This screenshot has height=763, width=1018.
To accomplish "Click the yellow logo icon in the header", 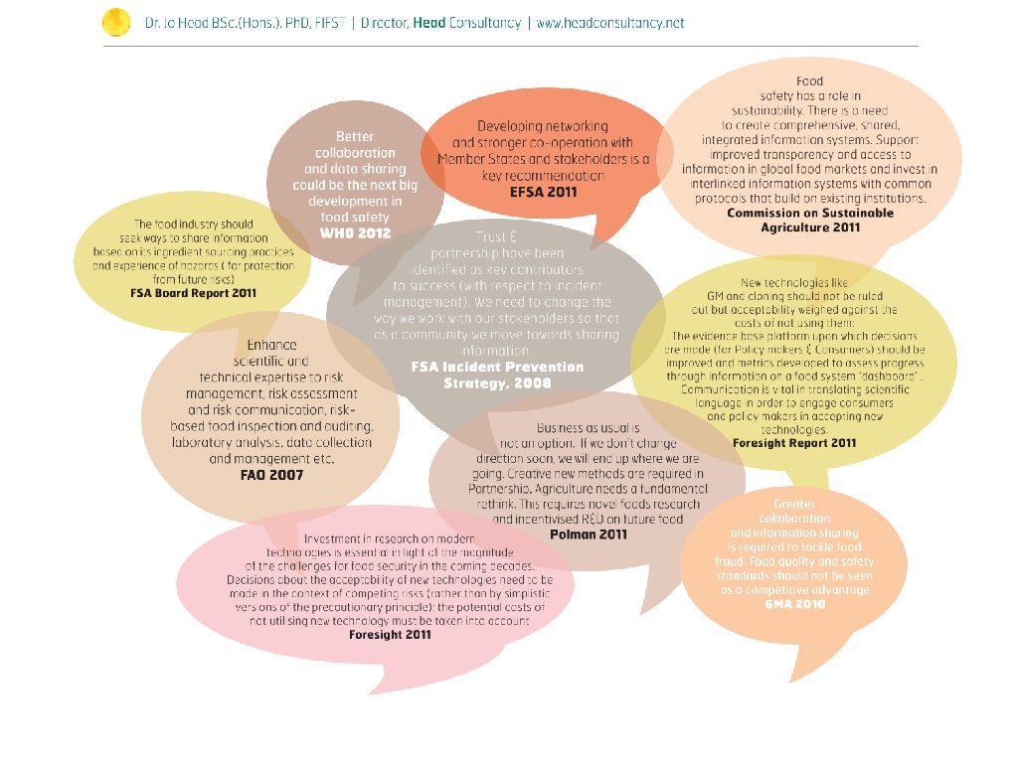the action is [116, 21].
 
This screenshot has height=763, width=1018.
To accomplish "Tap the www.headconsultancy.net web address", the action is [609, 22].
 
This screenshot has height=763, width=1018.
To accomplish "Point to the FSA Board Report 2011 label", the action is [193, 293].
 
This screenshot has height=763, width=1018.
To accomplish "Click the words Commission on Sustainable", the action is [810, 213].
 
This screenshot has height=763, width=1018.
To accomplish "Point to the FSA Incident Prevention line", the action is [498, 367].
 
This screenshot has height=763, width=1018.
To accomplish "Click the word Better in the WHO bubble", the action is [355, 136].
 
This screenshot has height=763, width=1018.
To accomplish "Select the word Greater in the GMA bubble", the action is [794, 505].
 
